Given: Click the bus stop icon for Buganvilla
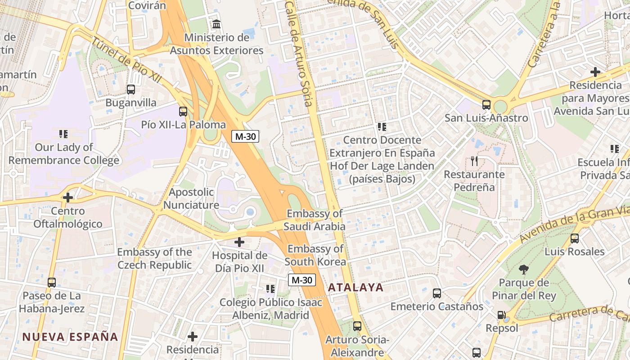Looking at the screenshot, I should pyautogui.click(x=131, y=90).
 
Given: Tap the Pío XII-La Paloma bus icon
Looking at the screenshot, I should pyautogui.click(x=183, y=111).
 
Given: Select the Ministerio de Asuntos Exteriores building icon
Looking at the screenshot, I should pyautogui.click(x=216, y=24).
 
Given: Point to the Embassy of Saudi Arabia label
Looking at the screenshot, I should pyautogui.click(x=315, y=220).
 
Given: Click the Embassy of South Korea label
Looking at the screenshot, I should pyautogui.click(x=315, y=255).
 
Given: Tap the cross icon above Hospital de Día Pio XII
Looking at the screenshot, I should pyautogui.click(x=239, y=243).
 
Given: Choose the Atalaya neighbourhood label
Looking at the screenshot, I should pyautogui.click(x=355, y=288).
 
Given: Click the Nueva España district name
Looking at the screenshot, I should pyautogui.click(x=70, y=337).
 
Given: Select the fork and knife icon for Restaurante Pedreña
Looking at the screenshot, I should pyautogui.click(x=474, y=161).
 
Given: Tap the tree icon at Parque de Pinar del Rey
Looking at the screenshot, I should pyautogui.click(x=523, y=270).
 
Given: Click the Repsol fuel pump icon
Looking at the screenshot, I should pyautogui.click(x=502, y=315).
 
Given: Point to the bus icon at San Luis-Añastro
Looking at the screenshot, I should pyautogui.click(x=486, y=105).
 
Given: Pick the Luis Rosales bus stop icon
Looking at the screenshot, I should pyautogui.click(x=575, y=238).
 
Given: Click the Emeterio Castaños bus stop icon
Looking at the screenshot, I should pyautogui.click(x=436, y=293).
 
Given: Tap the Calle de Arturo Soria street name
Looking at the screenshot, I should pyautogui.click(x=298, y=53).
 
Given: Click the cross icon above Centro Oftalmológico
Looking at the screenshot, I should pyautogui.click(x=68, y=198).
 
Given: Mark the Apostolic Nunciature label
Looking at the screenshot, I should pyautogui.click(x=191, y=198).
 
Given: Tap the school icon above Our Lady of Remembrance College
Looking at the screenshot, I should pyautogui.click(x=63, y=134).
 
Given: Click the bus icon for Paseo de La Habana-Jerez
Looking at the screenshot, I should pyautogui.click(x=52, y=283).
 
